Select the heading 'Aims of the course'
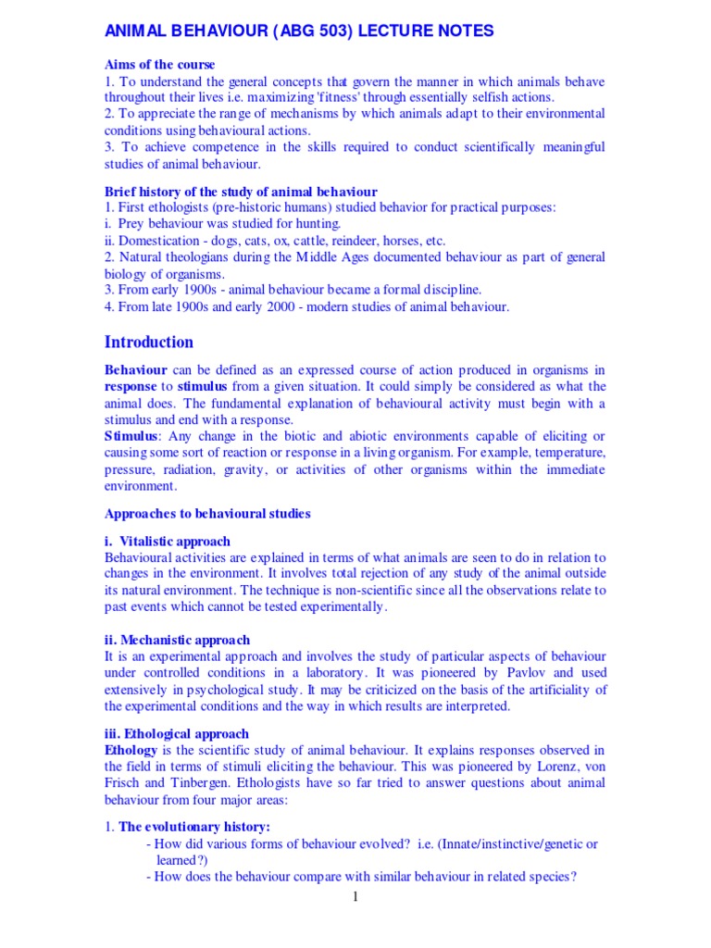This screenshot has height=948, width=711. pyautogui.click(x=159, y=65)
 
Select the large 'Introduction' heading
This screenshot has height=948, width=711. pyautogui.click(x=149, y=342)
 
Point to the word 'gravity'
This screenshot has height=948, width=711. pyautogui.click(x=243, y=469)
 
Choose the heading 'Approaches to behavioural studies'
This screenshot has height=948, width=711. pyautogui.click(x=207, y=513)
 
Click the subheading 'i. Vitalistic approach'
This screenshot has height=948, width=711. pyautogui.click(x=168, y=541)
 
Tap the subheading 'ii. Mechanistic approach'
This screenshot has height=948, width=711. pyautogui.click(x=177, y=640)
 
